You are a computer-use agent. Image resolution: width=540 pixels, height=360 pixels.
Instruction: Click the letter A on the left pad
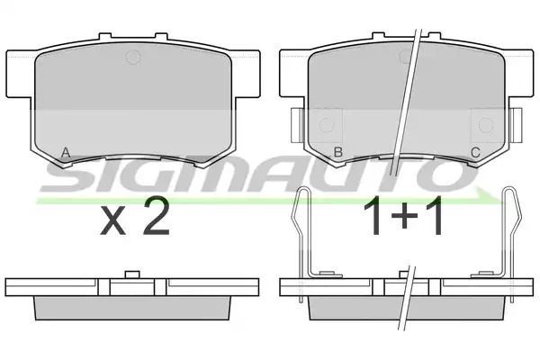[66, 152]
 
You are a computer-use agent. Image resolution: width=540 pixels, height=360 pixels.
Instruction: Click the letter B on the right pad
[338, 152]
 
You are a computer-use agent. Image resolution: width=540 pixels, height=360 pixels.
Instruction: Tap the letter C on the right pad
[475, 152]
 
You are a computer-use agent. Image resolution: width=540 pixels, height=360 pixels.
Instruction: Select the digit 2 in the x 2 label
[157, 216]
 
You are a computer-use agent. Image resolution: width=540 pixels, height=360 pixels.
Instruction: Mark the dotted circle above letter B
[326, 125]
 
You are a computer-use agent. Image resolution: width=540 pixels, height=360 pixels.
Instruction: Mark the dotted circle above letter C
[486, 125]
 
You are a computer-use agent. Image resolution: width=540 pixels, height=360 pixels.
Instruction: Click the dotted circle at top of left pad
[133, 57]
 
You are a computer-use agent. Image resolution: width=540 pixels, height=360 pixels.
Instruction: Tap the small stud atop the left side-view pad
[132, 274]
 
